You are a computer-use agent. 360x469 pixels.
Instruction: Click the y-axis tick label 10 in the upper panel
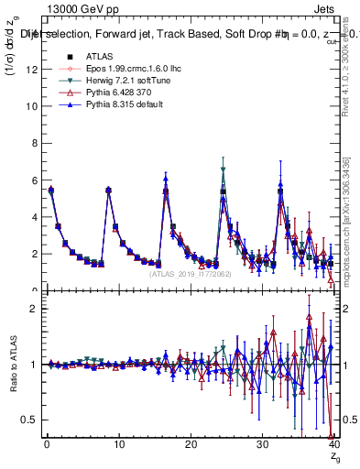pos(30,105)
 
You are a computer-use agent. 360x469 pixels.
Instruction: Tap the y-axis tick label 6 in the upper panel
pos(33,180)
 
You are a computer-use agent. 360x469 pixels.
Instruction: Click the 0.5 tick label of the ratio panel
pos(28,420)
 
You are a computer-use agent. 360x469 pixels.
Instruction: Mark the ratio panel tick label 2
pos(33,309)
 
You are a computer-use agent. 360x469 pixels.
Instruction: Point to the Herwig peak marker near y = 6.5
pos(224,169)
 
